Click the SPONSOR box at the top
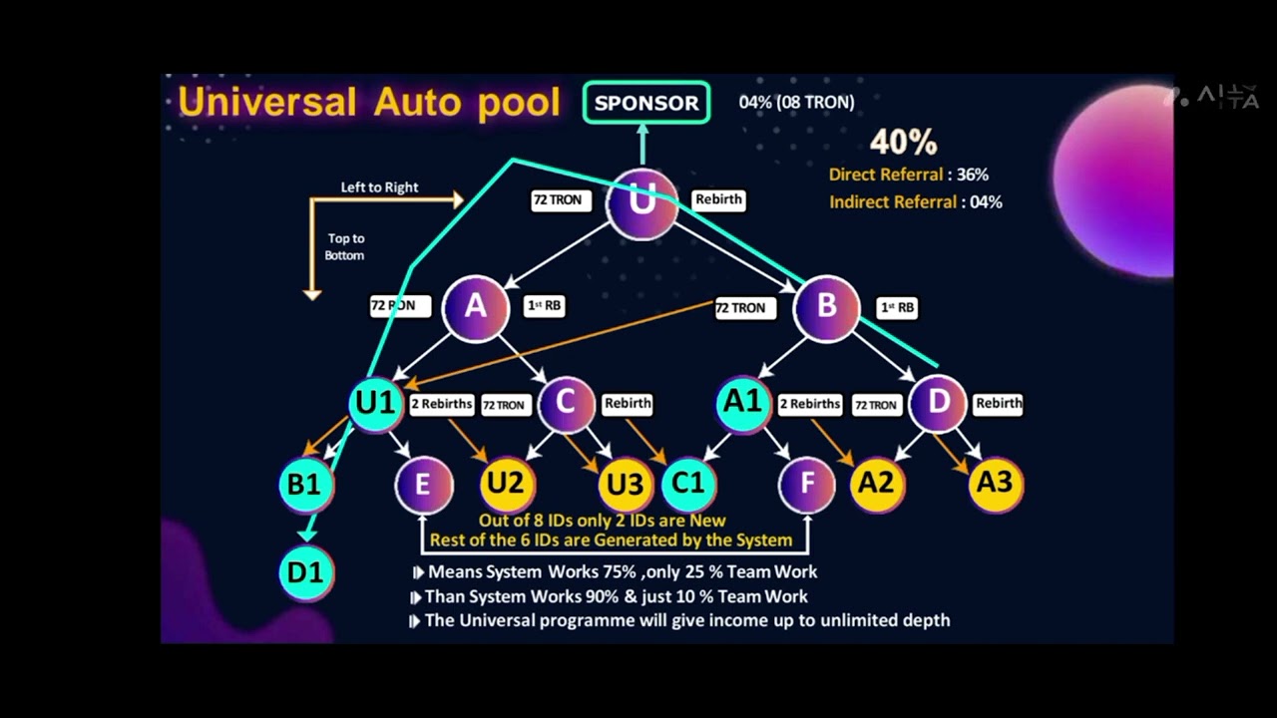click(646, 103)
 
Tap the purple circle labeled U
click(641, 203)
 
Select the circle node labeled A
click(475, 307)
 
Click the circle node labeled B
click(826, 307)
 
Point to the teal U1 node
click(376, 403)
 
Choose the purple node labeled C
click(566, 403)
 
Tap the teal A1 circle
click(743, 403)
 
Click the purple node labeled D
click(939, 403)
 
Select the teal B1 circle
click(304, 485)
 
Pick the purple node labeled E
click(423, 485)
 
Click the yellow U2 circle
click(506, 485)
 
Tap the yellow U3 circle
click(626, 485)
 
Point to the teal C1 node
click(688, 485)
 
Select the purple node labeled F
click(806, 485)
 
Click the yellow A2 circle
click(876, 485)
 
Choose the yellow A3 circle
click(995, 485)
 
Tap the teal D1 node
click(305, 573)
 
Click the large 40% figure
click(903, 142)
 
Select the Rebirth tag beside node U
click(718, 199)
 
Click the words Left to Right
click(379, 187)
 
